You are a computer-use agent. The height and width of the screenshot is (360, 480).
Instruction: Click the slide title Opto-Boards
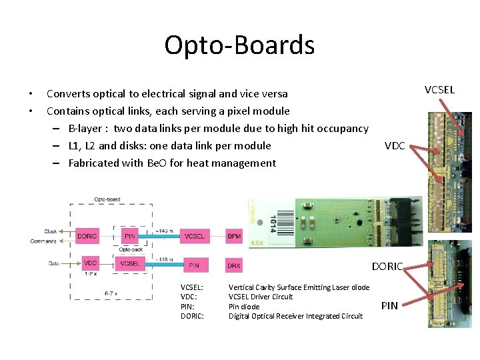[x=239, y=45]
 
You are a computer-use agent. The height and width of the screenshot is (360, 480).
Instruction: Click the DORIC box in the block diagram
[x=87, y=236]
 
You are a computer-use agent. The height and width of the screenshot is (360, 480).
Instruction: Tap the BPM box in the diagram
[x=234, y=236]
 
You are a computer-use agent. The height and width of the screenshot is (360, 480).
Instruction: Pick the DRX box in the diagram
[x=234, y=265]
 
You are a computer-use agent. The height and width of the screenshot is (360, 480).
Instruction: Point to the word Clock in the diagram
[x=50, y=231]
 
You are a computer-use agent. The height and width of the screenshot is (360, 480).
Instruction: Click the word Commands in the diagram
[x=44, y=241]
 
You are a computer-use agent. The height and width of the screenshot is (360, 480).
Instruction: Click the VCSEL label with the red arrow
[x=439, y=89]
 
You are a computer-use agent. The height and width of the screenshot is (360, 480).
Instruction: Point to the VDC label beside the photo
[x=395, y=146]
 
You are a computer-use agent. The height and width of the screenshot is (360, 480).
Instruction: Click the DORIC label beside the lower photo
[x=387, y=267]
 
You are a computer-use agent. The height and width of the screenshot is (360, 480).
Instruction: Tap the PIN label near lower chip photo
[x=389, y=306]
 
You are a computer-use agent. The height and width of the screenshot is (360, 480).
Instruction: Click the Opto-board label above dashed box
[x=107, y=199]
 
